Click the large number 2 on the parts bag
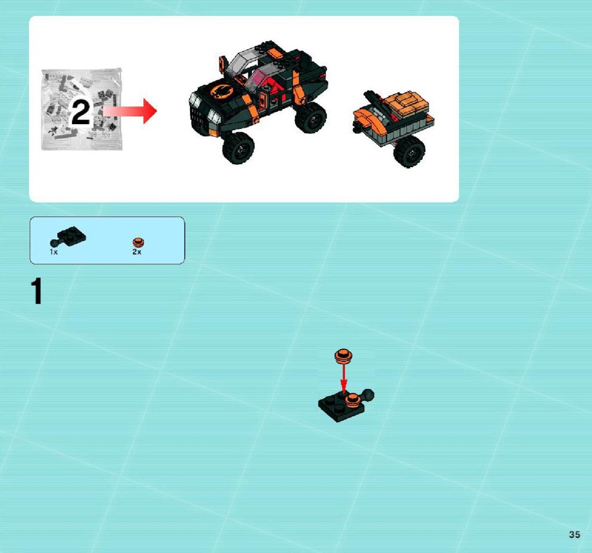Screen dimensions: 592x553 coord(81,111)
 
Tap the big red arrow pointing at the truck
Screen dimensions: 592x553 coord(130,111)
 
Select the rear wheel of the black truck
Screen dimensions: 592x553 coord(311,117)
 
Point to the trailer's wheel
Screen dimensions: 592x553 coord(409,151)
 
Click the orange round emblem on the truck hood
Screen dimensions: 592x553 coord(221,91)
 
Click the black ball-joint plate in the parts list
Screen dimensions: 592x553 coord(68,237)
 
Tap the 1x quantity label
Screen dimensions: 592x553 coord(53,252)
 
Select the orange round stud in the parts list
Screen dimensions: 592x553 coord(138,242)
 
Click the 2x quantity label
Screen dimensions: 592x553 coord(136,252)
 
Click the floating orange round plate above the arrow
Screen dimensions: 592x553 coord(344,355)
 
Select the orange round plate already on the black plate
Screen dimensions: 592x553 coord(353,399)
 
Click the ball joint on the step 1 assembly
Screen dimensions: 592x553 coord(368,395)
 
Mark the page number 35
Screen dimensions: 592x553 coord(574,534)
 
